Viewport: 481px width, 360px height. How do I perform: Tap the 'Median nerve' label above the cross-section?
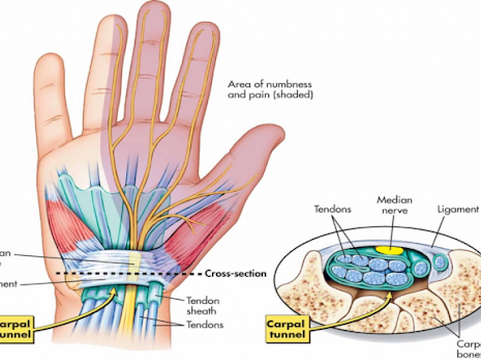(x=394, y=205)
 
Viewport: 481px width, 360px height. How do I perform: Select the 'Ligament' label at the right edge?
(x=457, y=209)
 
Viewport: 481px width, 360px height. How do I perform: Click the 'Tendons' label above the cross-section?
(x=333, y=209)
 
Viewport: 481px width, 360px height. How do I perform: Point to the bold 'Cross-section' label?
(x=235, y=273)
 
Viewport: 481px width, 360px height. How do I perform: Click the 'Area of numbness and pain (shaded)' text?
(x=270, y=90)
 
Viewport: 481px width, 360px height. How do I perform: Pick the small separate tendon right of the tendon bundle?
(x=440, y=262)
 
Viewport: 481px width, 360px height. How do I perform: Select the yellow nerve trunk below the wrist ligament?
(x=129, y=315)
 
